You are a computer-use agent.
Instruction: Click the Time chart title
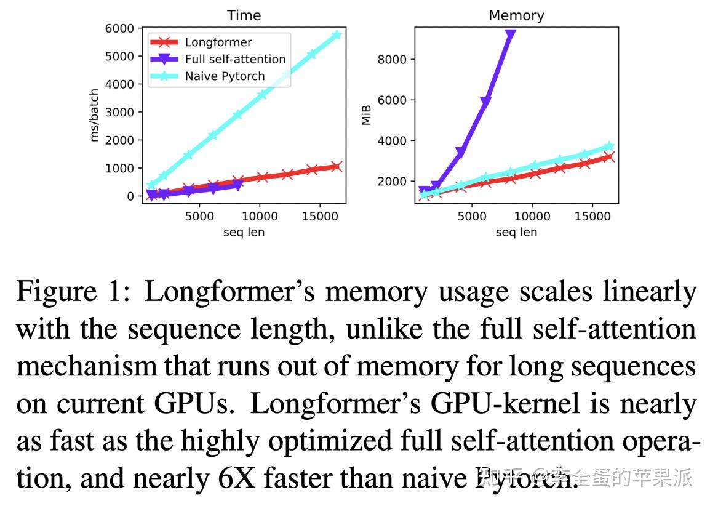[244, 15]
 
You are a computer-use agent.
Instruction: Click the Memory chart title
[516, 15]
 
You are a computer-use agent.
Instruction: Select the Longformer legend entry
[218, 42]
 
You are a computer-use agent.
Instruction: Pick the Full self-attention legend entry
[235, 59]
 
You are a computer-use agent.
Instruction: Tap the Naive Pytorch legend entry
[225, 76]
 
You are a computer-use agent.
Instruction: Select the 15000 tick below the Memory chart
[592, 216]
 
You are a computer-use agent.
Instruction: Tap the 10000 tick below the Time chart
[259, 216]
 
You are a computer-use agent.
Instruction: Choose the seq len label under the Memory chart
[516, 232]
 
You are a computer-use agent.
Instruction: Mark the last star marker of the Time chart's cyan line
[336, 35]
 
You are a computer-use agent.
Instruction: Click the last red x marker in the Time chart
[336, 166]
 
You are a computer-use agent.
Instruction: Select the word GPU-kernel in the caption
[505, 404]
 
